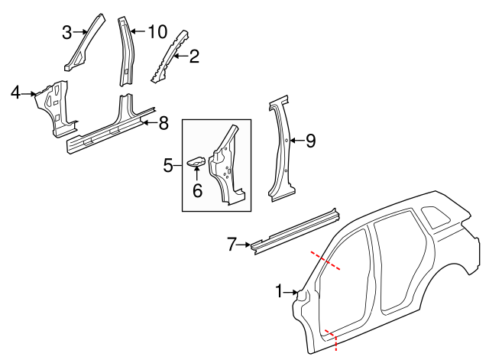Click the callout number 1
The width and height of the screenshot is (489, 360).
coord(280,291)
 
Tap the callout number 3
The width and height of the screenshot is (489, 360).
coord(67,32)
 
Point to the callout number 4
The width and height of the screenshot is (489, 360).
coord(15,93)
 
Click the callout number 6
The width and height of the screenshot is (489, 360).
coord(197,190)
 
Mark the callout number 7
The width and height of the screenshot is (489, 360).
coord(232,245)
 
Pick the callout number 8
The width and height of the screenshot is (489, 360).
coord(163,122)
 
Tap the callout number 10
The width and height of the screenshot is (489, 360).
coord(157,31)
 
